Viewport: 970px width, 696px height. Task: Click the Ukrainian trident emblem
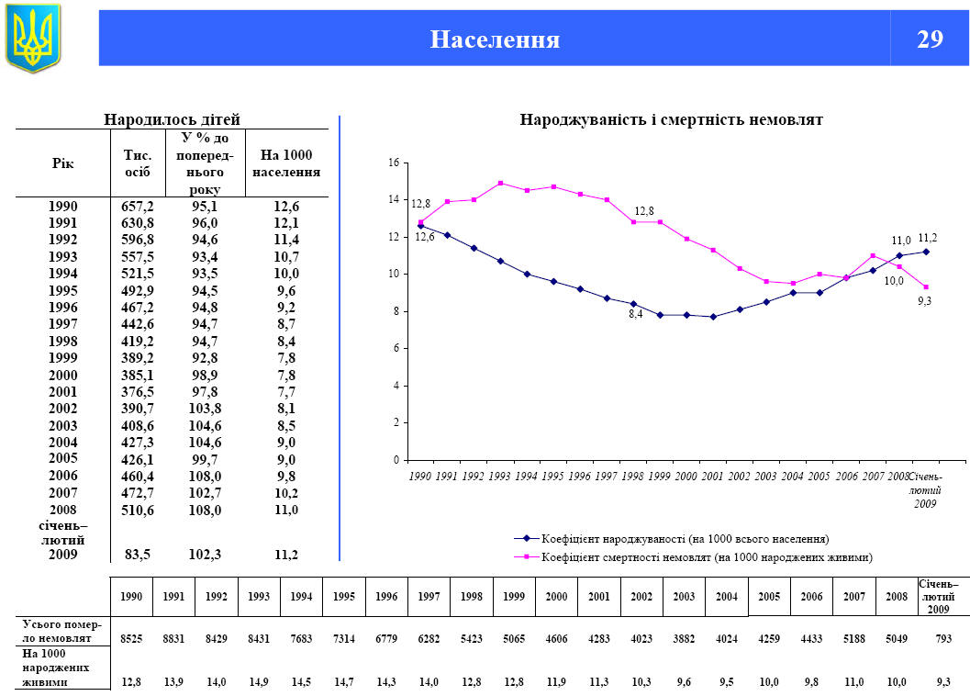click(x=33, y=38)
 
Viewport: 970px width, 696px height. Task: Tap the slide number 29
click(x=930, y=39)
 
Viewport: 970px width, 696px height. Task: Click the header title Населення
click(x=495, y=39)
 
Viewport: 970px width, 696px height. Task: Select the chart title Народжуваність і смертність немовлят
click(x=671, y=119)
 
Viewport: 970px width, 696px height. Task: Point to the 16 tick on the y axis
click(x=394, y=163)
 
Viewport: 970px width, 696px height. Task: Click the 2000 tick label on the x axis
click(x=686, y=477)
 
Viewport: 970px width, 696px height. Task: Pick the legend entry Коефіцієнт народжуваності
click(x=685, y=538)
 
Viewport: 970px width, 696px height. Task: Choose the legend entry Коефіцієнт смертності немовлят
click(x=706, y=556)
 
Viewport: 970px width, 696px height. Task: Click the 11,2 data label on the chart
click(x=927, y=238)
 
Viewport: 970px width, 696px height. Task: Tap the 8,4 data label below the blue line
click(x=634, y=314)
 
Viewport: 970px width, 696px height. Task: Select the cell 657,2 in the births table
click(x=138, y=206)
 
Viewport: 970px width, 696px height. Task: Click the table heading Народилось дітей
click(x=172, y=119)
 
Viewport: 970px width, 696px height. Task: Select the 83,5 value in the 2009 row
click(x=138, y=555)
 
